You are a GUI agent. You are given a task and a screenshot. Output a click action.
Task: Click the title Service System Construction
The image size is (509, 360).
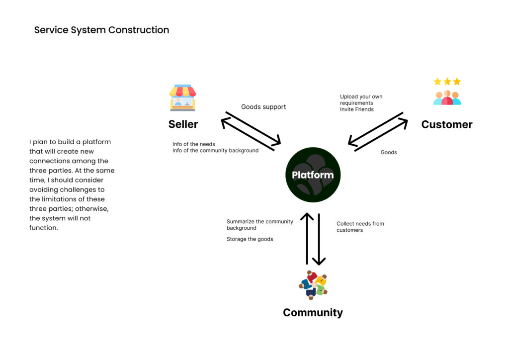pyautogui.click(x=101, y=30)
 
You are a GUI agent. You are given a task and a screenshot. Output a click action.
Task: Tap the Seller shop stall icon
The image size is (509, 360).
pyautogui.click(x=182, y=98)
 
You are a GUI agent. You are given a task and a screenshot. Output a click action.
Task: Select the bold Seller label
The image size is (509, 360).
pyautogui.click(x=183, y=124)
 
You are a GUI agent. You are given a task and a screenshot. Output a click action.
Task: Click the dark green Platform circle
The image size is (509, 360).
pyautogui.click(x=313, y=175)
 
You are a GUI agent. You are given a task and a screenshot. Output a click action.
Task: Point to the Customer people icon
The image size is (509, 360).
pyautogui.click(x=447, y=97)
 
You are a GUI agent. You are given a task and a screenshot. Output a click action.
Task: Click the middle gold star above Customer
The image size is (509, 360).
pyautogui.click(x=447, y=82)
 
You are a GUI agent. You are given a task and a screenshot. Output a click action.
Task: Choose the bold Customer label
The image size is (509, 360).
pyautogui.click(x=446, y=124)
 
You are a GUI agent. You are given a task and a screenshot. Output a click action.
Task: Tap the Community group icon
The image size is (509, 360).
pyautogui.click(x=313, y=285)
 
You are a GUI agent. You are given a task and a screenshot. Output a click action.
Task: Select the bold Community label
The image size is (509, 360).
pyautogui.click(x=313, y=313)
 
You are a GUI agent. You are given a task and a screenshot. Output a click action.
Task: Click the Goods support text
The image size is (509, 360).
pyautogui.click(x=263, y=107)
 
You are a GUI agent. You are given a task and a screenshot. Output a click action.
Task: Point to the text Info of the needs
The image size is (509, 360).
pyautogui.click(x=194, y=144)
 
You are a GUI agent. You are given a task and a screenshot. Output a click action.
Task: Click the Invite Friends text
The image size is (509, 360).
pyautogui.click(x=357, y=109)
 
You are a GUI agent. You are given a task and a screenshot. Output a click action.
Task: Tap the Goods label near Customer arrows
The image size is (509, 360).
pyautogui.click(x=389, y=152)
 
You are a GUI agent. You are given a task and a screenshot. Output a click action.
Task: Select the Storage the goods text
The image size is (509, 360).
pyautogui.click(x=250, y=239)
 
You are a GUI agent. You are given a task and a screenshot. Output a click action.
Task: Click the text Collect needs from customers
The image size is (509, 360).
pyautogui.click(x=360, y=227)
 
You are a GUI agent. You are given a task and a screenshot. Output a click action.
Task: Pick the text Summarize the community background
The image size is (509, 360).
pyautogui.click(x=259, y=225)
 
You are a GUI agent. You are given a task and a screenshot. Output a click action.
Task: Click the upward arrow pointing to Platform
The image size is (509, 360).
pyautogui.click(x=307, y=239)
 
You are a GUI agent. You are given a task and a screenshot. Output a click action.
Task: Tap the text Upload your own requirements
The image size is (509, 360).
pyautogui.click(x=361, y=100)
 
